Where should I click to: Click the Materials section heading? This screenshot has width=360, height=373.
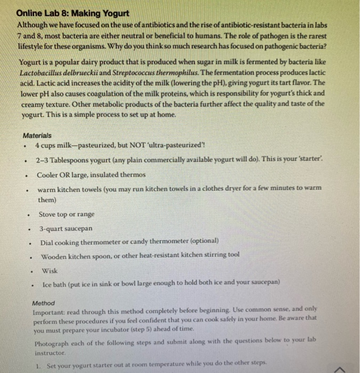[x=37, y=135]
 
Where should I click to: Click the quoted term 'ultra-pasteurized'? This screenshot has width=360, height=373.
[x=173, y=145]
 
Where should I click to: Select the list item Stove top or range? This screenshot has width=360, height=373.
[x=67, y=214]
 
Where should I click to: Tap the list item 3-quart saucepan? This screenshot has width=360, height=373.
[x=66, y=228]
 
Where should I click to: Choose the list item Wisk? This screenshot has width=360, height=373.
[x=50, y=270]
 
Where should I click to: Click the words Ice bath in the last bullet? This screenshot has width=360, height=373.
[x=55, y=283]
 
